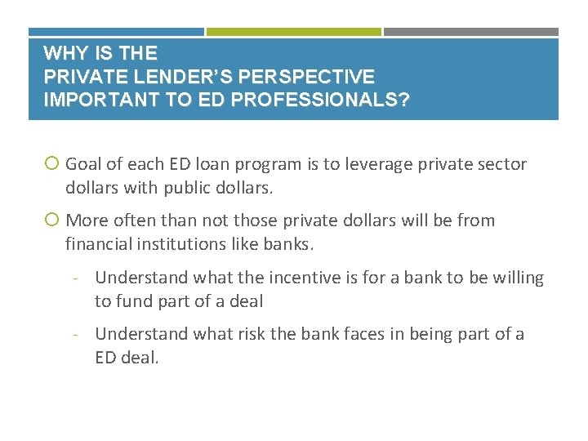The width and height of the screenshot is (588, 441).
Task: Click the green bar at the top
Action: (x=293, y=32)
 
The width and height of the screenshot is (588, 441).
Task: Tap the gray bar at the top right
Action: (x=471, y=32)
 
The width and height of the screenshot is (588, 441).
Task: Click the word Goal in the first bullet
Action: (x=83, y=164)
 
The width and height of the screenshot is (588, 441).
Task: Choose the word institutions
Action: (x=181, y=243)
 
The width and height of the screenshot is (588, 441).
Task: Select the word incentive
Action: (x=274, y=278)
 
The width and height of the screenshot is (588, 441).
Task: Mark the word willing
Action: (x=516, y=278)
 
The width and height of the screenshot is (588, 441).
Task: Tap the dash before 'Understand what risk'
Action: (x=74, y=334)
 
